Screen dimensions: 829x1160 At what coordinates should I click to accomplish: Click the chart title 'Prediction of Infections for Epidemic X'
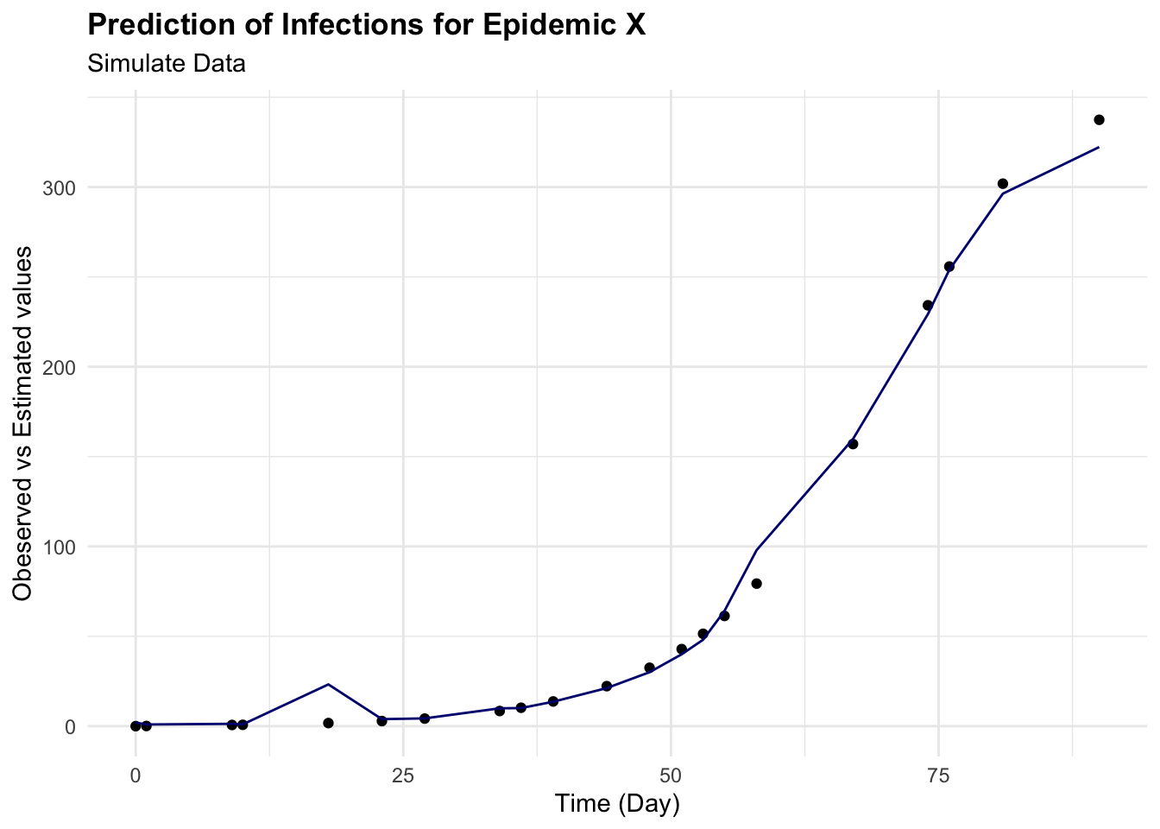click(x=366, y=25)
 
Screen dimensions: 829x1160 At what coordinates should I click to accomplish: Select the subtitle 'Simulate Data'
click(x=167, y=63)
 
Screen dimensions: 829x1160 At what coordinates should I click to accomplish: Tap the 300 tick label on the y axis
click(x=59, y=187)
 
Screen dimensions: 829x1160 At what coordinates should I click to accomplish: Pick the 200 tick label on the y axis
click(x=59, y=367)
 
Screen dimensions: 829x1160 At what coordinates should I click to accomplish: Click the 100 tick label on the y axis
click(x=59, y=547)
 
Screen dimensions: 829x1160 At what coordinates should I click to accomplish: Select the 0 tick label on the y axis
click(x=69, y=726)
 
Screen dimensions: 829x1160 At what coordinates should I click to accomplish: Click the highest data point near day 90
click(x=1099, y=120)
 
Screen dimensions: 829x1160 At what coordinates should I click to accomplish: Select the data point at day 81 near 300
click(x=1003, y=184)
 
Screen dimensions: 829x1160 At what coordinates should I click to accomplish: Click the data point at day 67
click(x=853, y=444)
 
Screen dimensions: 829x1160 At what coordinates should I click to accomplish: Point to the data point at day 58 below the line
click(x=756, y=584)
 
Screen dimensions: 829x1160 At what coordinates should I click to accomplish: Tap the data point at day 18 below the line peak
click(x=328, y=723)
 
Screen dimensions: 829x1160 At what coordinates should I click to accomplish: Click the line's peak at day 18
click(x=328, y=684)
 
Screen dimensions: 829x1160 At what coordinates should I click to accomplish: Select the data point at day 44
click(x=606, y=687)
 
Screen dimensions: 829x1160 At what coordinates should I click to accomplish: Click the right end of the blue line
click(x=1098, y=148)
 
